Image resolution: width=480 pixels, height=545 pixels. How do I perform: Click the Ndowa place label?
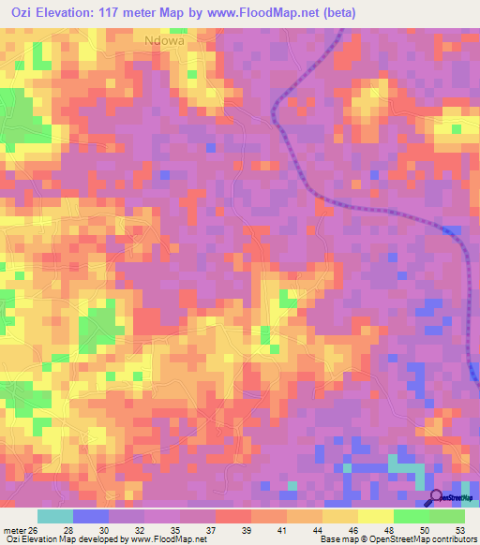pyautogui.click(x=164, y=40)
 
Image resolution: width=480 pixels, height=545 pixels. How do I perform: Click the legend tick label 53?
pyautogui.click(x=458, y=530)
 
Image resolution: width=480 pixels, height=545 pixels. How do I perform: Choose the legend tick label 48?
pyautogui.click(x=388, y=530)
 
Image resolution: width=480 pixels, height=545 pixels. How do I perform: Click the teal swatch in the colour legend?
pyautogui.click(x=55, y=516)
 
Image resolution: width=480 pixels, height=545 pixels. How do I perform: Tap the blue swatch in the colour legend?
pyautogui.click(x=91, y=516)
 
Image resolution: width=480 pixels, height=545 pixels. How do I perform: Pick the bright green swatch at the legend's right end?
pyautogui.click(x=447, y=516)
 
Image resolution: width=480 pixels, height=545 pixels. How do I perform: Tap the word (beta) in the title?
pyautogui.click(x=338, y=12)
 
